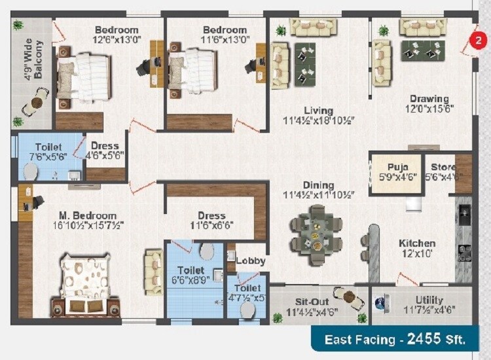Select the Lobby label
coord(250,261)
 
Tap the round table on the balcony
coord(37,102)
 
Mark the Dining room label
coord(318,185)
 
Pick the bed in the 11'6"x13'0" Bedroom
coord(192,72)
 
